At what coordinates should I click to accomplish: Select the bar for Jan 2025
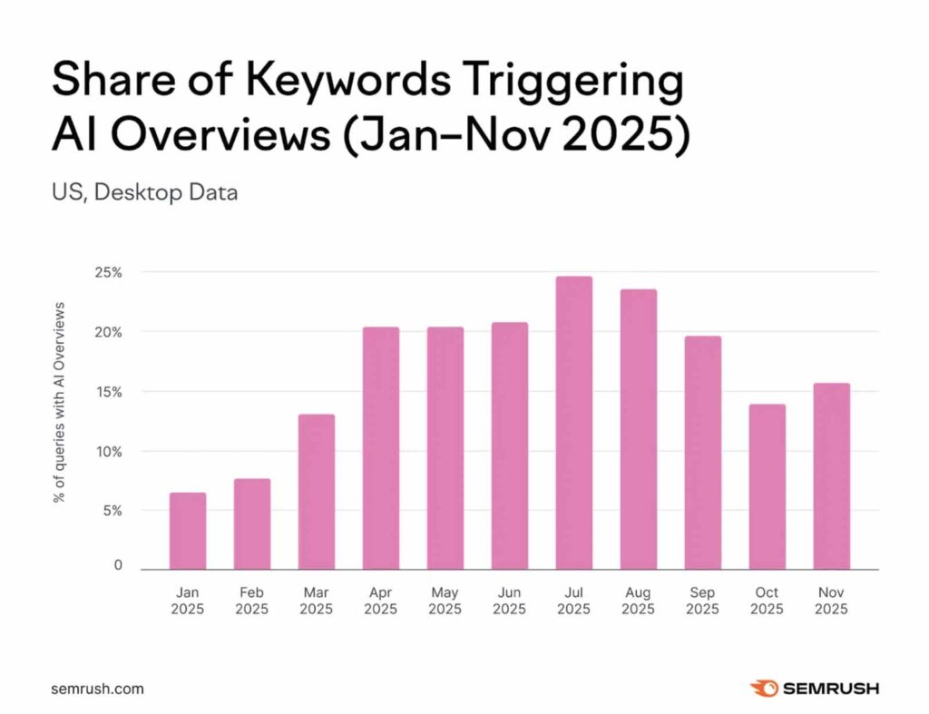pyautogui.click(x=187, y=531)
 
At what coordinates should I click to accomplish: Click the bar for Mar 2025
pyautogui.click(x=317, y=492)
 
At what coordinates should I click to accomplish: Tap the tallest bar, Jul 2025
pyautogui.click(x=573, y=423)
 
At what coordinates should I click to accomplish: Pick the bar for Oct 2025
pyautogui.click(x=767, y=487)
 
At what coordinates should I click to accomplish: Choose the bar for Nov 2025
pyautogui.click(x=831, y=476)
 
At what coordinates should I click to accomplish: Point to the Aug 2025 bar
pyautogui.click(x=638, y=430)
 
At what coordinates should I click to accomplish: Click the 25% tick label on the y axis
pyautogui.click(x=109, y=272)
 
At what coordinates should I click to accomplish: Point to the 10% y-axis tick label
pyautogui.click(x=109, y=452)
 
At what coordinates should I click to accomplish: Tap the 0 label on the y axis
pyautogui.click(x=118, y=564)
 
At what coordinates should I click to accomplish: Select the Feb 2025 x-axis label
pyautogui.click(x=252, y=601)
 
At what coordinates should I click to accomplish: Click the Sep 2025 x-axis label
pyautogui.click(x=702, y=601)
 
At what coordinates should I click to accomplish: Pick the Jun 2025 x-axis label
pyautogui.click(x=509, y=601)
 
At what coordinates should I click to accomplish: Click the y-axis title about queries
pyautogui.click(x=59, y=402)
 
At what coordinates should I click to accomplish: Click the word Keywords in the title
pyautogui.click(x=347, y=80)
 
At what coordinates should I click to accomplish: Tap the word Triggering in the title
pyautogui.click(x=573, y=81)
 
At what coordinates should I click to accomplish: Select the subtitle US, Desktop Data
pyautogui.click(x=144, y=192)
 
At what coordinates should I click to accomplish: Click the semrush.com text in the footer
pyautogui.click(x=97, y=689)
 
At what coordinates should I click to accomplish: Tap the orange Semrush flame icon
pyautogui.click(x=764, y=688)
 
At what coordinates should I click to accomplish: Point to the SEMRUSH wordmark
pyautogui.click(x=831, y=689)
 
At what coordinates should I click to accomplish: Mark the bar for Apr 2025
pyautogui.click(x=381, y=448)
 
